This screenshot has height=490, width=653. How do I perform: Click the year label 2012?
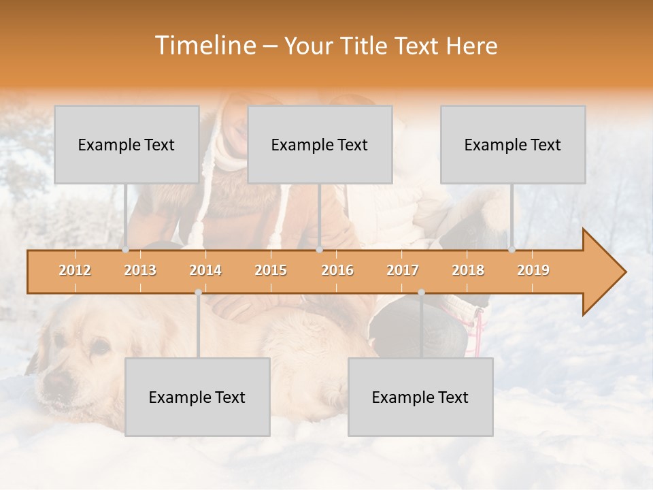click(x=75, y=270)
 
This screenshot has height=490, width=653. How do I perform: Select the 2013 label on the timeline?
click(x=140, y=270)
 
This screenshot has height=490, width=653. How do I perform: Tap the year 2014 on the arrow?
click(x=205, y=270)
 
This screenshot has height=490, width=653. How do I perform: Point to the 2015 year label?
click(x=271, y=270)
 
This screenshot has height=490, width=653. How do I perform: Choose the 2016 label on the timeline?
click(x=337, y=270)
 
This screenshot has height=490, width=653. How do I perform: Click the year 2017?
click(x=403, y=270)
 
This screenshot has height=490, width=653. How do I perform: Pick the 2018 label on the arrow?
click(x=468, y=270)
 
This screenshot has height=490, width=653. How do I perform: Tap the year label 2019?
click(x=533, y=270)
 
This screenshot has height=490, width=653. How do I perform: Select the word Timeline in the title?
click(x=204, y=46)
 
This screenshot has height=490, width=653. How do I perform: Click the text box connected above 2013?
click(x=127, y=144)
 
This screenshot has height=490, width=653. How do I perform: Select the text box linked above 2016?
click(x=320, y=144)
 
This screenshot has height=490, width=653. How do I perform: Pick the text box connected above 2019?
click(x=513, y=144)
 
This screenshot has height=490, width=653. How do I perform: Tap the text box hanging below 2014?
click(x=197, y=397)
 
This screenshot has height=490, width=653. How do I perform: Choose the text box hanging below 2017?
click(x=420, y=397)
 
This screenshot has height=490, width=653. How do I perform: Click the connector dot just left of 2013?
click(x=125, y=250)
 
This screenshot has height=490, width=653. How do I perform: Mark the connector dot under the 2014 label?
click(x=198, y=292)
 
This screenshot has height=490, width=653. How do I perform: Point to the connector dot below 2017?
click(x=421, y=292)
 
